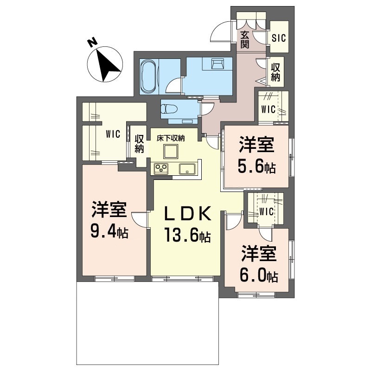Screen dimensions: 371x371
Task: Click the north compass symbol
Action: point(105,64)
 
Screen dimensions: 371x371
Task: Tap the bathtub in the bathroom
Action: point(148,77)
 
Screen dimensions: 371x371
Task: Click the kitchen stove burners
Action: point(161,169)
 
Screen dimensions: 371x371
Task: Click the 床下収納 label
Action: point(170,138)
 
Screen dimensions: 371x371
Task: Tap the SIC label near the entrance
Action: point(279,38)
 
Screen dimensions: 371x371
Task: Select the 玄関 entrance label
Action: point(245,40)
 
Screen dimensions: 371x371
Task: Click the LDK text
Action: point(187,214)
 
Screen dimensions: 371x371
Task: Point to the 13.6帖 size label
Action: point(187,234)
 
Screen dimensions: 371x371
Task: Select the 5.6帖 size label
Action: point(256,166)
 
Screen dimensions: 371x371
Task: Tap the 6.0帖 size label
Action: point(259,275)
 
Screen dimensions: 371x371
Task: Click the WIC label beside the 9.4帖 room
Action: point(113,134)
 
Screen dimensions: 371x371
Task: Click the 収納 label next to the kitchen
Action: point(140,144)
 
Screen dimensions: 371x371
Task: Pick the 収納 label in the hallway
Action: point(275,72)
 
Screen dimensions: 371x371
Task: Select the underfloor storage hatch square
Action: point(170,152)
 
